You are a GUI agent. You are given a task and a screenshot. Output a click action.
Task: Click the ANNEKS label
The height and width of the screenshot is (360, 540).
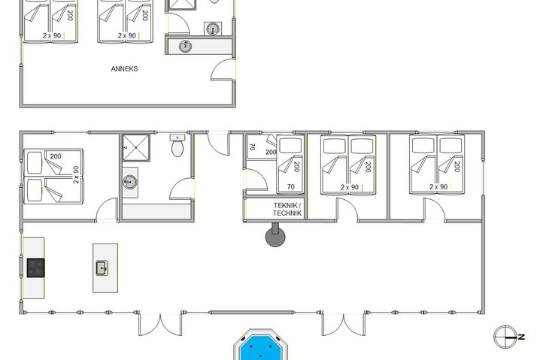(125, 68)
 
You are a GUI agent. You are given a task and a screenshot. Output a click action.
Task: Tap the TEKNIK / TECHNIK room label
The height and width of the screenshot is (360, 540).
(287, 210)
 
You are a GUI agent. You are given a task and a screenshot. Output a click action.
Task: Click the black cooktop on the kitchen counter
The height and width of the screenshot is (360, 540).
(35, 268)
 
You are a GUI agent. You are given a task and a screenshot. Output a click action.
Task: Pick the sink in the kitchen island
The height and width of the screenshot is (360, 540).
(102, 267)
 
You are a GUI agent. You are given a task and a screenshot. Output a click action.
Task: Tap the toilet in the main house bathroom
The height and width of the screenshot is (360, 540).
(177, 147)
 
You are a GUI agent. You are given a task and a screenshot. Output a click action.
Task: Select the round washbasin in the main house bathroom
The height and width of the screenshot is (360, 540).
(130, 181)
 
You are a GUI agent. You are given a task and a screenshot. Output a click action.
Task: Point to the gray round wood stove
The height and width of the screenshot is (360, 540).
(275, 237)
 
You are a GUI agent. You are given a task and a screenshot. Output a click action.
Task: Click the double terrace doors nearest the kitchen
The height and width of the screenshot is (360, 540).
(160, 325)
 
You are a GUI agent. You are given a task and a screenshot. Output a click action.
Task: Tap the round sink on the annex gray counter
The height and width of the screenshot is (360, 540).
(187, 46)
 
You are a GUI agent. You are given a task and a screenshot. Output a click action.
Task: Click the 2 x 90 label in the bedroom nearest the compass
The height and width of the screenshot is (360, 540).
(438, 186)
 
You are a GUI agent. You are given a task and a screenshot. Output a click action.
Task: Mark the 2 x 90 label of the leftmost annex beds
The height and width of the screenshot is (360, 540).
(51, 35)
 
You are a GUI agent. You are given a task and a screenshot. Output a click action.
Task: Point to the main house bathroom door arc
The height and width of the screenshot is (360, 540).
(181, 189)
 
